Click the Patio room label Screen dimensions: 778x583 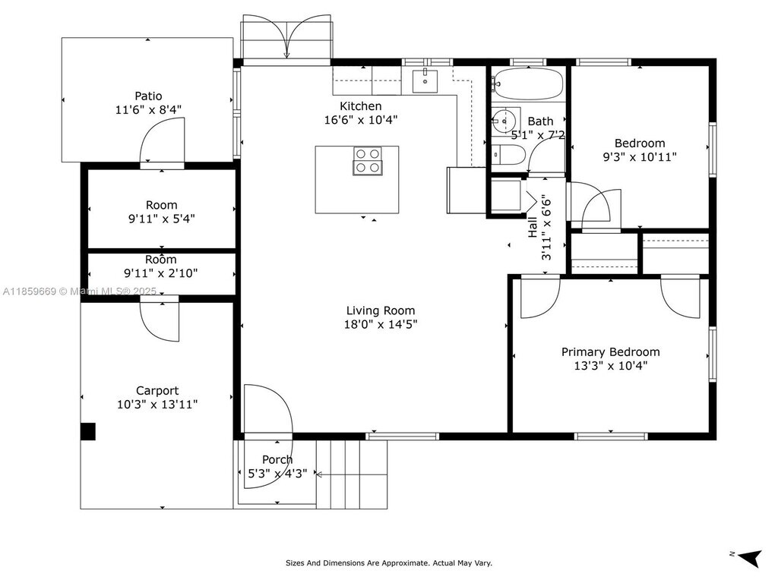(x=148, y=96)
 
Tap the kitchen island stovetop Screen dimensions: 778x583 (x=368, y=161)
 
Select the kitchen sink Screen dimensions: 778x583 (x=425, y=81)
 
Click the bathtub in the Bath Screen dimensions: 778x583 (x=528, y=84)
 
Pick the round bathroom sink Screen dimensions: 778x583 (x=505, y=121)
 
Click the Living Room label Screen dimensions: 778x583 (x=381, y=310)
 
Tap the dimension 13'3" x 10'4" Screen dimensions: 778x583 (x=610, y=366)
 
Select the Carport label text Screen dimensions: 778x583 (x=157, y=391)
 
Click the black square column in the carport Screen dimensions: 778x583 (x=88, y=431)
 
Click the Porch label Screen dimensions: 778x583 (x=277, y=459)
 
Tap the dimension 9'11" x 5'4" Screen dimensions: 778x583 (x=162, y=219)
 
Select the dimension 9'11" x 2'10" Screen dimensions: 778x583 (x=161, y=273)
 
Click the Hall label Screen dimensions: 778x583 (x=533, y=227)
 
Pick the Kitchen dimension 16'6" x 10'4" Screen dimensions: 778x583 (x=361, y=119)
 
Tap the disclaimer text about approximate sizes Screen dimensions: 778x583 (x=389, y=563)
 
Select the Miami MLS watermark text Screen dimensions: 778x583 (x=79, y=291)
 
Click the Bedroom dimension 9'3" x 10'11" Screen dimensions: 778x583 (x=640, y=157)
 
